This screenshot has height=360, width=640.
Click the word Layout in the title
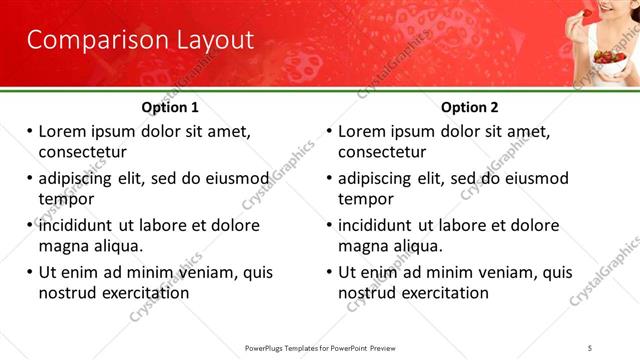tap(206, 41)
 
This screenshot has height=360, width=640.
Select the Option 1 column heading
tap(170, 107)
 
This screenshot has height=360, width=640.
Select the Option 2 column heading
tap(469, 107)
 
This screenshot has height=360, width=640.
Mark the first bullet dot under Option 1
tap(29, 132)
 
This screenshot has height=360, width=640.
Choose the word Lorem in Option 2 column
tap(362, 132)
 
